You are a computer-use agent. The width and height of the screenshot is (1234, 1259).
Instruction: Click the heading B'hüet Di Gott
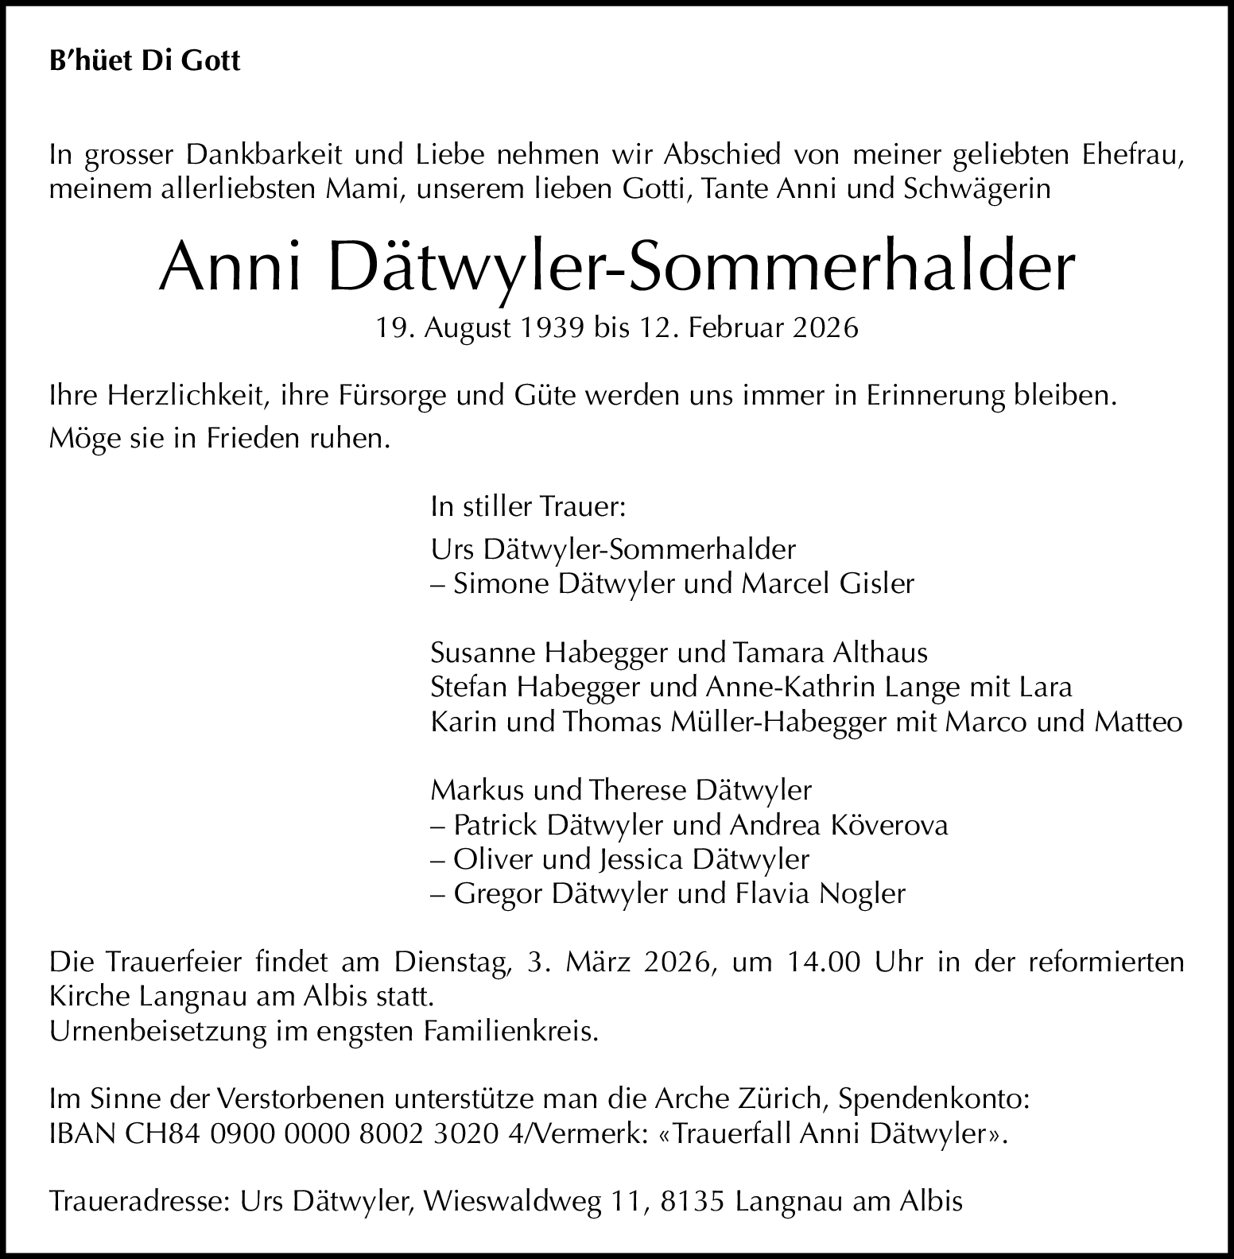click(x=144, y=61)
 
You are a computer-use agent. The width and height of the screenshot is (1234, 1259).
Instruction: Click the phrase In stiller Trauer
click(x=528, y=506)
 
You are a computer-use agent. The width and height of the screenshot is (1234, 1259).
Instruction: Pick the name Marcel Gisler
click(x=828, y=583)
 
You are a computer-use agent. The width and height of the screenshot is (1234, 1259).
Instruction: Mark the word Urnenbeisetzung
click(x=157, y=1031)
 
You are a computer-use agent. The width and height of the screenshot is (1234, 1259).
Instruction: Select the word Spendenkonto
click(x=935, y=1099)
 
